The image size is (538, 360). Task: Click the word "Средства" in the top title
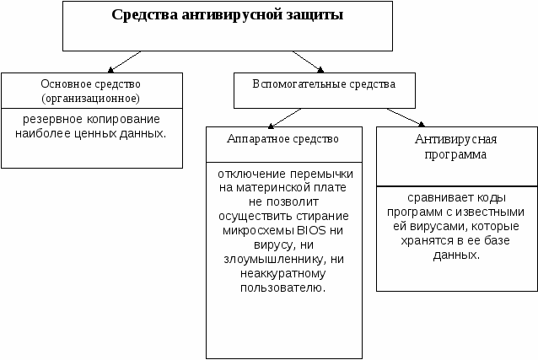[x=143, y=17]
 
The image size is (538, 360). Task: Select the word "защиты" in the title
[x=312, y=17]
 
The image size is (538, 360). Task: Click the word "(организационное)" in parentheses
[x=91, y=97]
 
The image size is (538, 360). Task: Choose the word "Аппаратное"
[x=253, y=137]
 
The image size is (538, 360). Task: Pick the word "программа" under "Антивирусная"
[x=456, y=155]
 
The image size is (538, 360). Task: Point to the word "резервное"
[x=51, y=118]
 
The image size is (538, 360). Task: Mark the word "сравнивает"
[x=429, y=197]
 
